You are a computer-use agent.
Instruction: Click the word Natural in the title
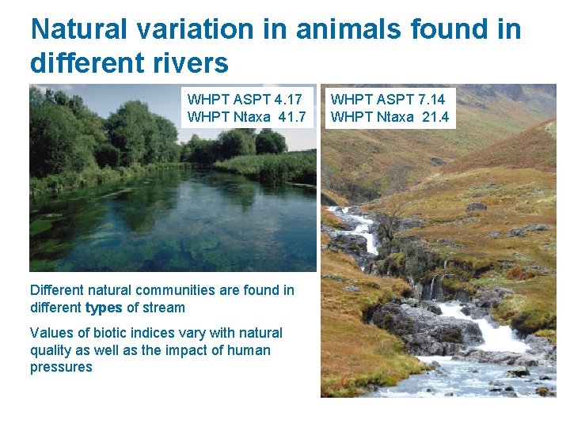(78, 30)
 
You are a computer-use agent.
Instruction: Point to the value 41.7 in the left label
(290, 117)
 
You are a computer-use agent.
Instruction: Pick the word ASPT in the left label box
(246, 100)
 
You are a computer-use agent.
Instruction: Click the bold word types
(104, 308)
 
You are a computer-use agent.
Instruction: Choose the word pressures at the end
(61, 368)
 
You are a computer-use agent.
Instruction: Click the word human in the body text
(251, 350)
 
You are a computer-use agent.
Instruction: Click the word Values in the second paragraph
(50, 333)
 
